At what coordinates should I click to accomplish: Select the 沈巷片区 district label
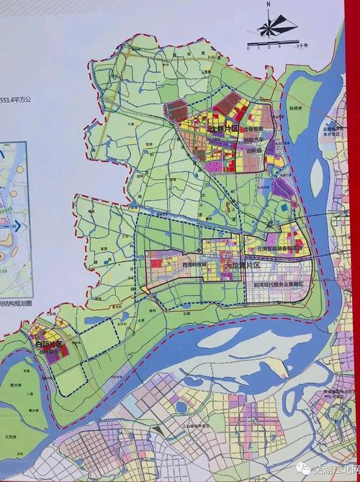click(x=222, y=128)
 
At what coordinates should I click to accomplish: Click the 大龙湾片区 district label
click(x=241, y=265)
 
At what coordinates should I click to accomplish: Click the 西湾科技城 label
click(x=194, y=264)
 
